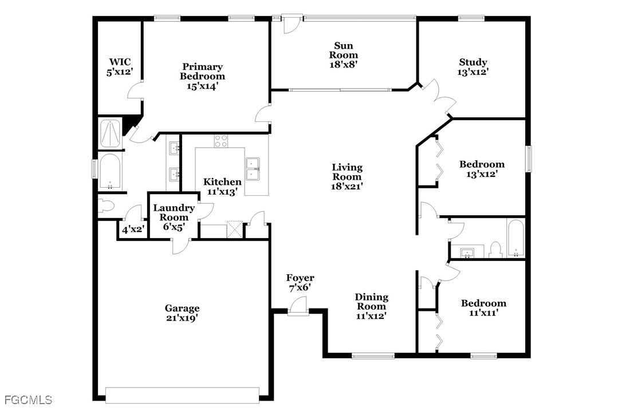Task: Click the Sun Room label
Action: pyautogui.click(x=343, y=55)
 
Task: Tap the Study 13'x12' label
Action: pyautogui.click(x=473, y=67)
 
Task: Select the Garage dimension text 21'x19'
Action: pyautogui.click(x=183, y=318)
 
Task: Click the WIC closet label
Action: pyautogui.click(x=120, y=67)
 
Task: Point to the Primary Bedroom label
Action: pyautogui.click(x=202, y=72)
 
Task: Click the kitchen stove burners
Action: pyautogui.click(x=221, y=141)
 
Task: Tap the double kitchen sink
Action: pyautogui.click(x=253, y=169)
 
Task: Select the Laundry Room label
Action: pyautogui.click(x=174, y=213)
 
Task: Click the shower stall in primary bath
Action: pyautogui.click(x=109, y=133)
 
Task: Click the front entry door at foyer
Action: pyautogui.click(x=298, y=307)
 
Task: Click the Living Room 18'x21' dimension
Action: pyautogui.click(x=347, y=186)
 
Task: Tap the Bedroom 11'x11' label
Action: pyautogui.click(x=483, y=308)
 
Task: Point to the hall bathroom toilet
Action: pyautogui.click(x=495, y=250)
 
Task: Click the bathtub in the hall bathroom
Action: pyautogui.click(x=516, y=238)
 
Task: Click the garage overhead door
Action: pyautogui.click(x=183, y=394)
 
